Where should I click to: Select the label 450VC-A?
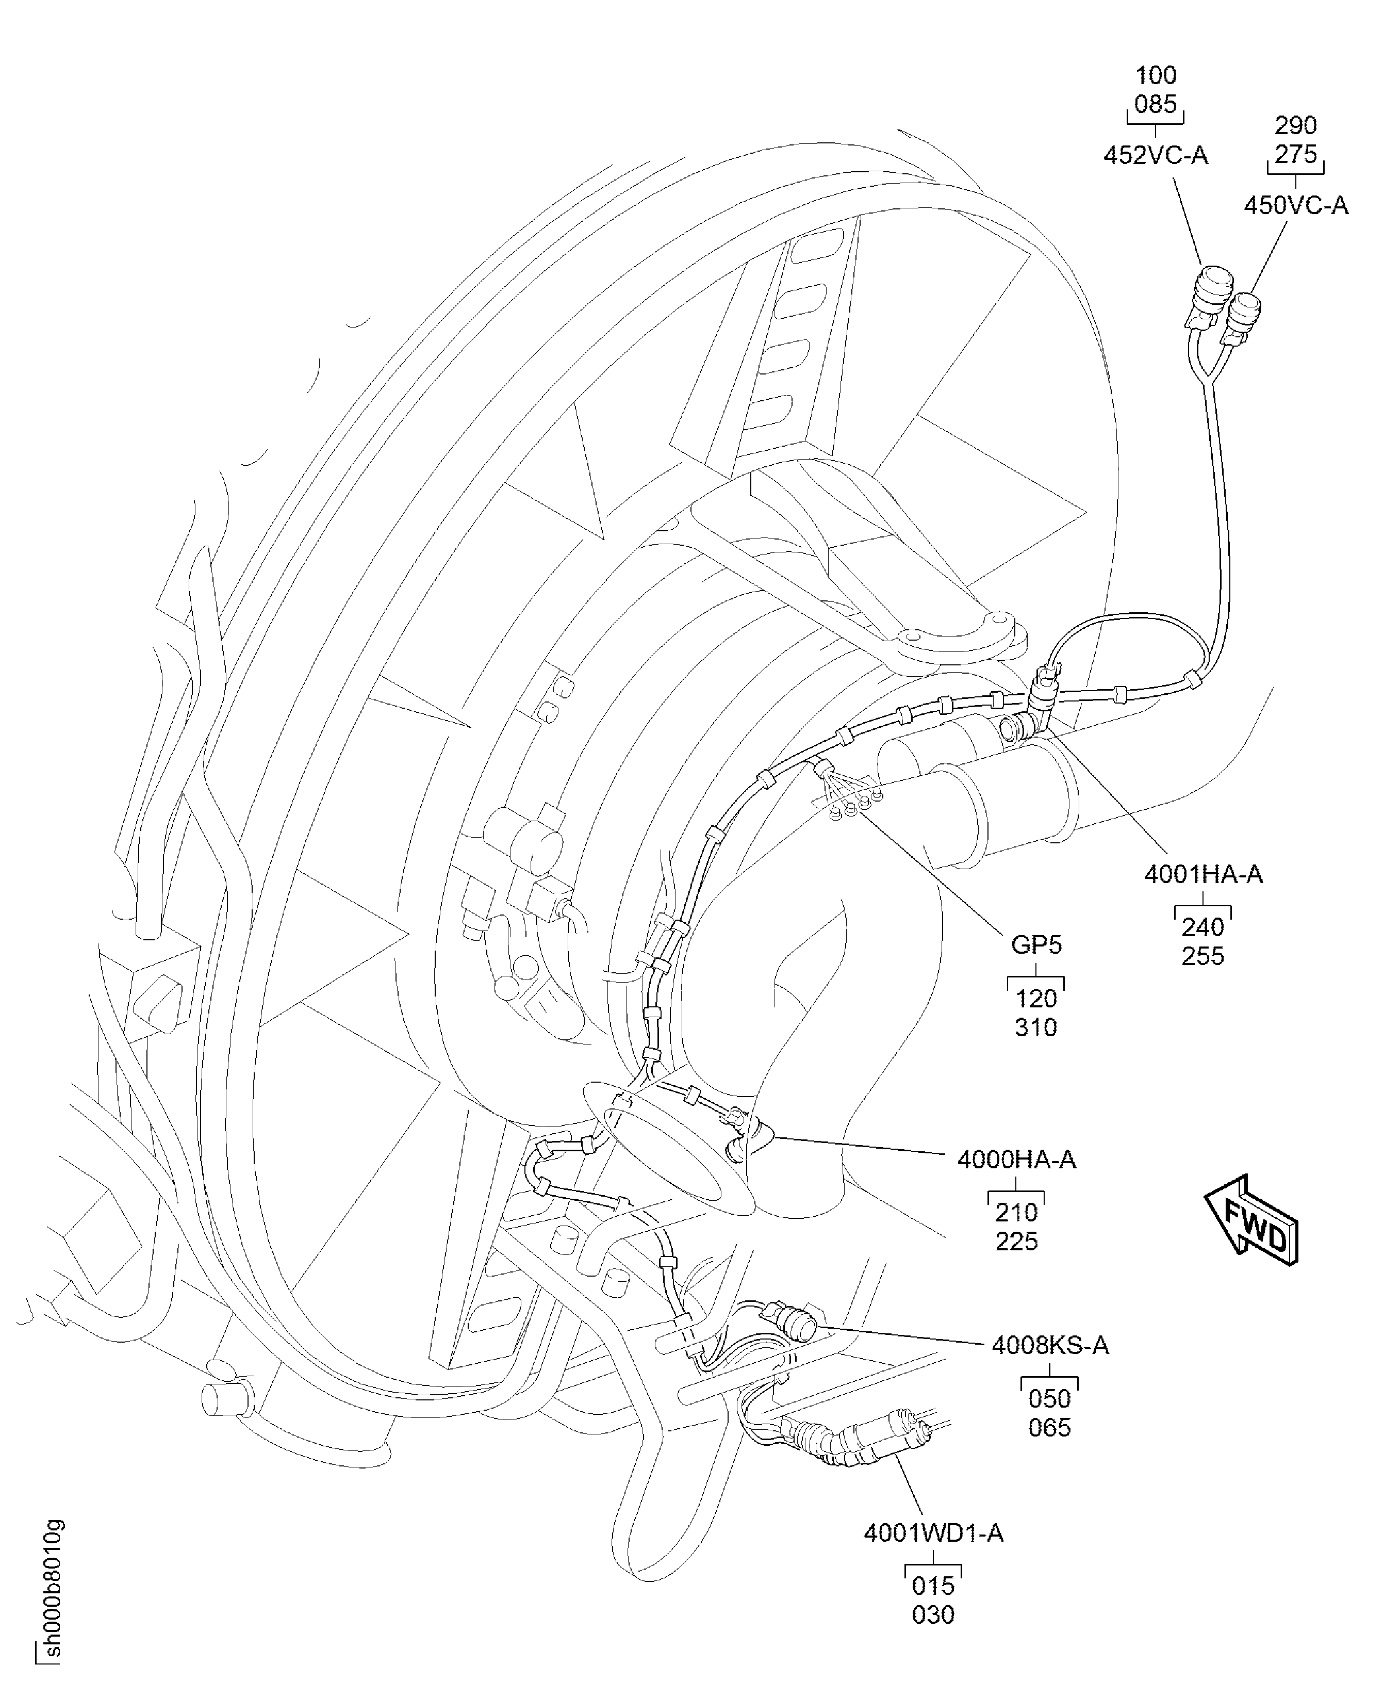pos(1295,206)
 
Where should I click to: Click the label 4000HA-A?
pos(1016,1160)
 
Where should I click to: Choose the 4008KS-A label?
pos(1050,1345)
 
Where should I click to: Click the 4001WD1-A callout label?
pos(933,1532)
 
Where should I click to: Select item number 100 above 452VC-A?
pos(1156,76)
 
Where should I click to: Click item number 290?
pos(1295,125)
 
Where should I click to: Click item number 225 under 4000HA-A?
pos(1016,1241)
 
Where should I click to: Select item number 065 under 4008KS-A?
pos(1050,1427)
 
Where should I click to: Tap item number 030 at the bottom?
pos(933,1615)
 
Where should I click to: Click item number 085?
pos(1156,105)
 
